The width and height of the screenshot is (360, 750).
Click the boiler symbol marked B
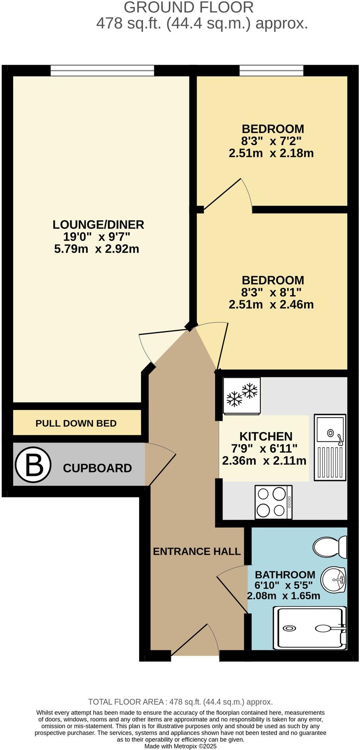click(x=33, y=464)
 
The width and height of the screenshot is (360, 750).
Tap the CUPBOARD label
click(x=97, y=468)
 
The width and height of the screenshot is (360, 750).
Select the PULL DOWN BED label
click(x=76, y=423)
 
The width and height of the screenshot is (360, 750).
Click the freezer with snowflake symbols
click(x=242, y=395)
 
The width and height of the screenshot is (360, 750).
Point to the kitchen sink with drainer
click(x=330, y=447)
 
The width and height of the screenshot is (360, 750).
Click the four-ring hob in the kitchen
click(x=273, y=502)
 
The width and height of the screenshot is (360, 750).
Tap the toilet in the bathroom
click(x=330, y=547)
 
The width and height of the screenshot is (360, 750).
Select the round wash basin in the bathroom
click(x=333, y=580)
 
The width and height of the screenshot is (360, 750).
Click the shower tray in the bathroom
click(x=310, y=628)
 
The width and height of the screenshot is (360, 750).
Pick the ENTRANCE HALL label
click(x=197, y=551)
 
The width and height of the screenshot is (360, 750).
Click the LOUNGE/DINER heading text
click(x=98, y=224)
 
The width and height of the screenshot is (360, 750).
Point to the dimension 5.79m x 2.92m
click(x=97, y=249)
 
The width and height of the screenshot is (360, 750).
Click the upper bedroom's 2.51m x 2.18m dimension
click(x=271, y=153)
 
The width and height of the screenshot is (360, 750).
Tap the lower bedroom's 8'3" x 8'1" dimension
click(x=271, y=292)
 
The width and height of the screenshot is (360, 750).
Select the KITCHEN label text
click(x=266, y=436)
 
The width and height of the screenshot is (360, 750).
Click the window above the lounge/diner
click(x=102, y=71)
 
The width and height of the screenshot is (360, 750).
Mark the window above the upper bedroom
click(x=271, y=71)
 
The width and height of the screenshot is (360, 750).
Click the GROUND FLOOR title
click(x=189, y=7)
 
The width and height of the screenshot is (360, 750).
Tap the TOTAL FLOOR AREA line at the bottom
click(x=180, y=702)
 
